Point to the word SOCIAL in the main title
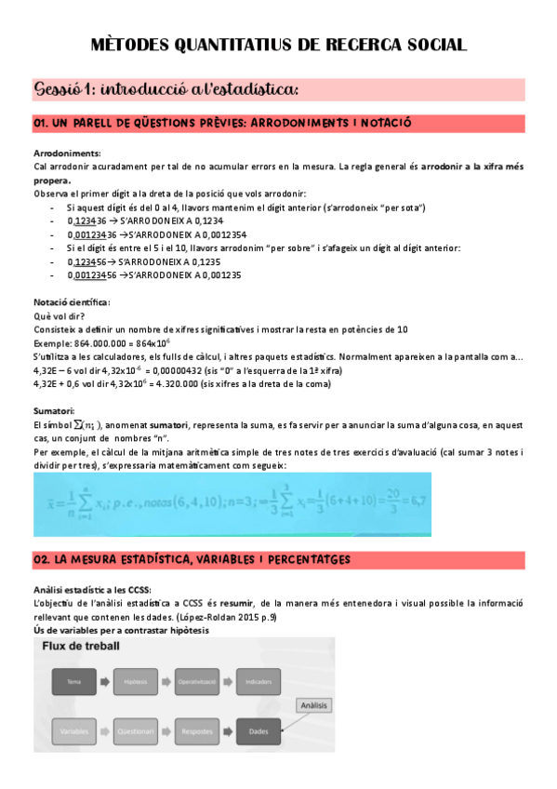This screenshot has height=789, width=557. [x=426, y=45]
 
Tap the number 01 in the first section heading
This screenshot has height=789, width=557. [x=42, y=123]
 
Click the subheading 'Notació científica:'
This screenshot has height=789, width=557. [x=72, y=302]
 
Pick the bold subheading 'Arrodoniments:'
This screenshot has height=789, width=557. [x=67, y=153]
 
